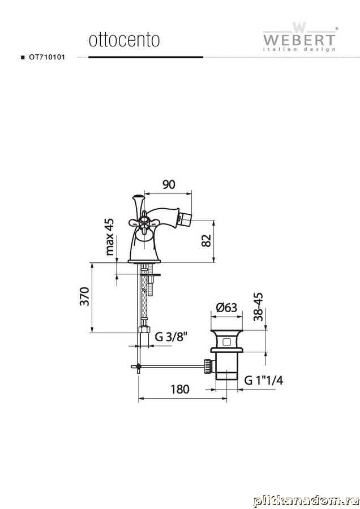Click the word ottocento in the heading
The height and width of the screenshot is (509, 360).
124,40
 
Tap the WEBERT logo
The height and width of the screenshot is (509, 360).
299,37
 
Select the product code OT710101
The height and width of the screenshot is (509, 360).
47,57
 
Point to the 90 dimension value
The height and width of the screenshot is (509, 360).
169,184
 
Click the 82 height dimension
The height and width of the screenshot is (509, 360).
206,240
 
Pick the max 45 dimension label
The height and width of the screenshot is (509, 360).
110,236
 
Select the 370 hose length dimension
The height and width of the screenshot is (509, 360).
84,296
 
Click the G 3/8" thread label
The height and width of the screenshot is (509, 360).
172,337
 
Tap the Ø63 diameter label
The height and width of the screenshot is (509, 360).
226,307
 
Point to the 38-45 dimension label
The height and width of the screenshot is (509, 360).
258,307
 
